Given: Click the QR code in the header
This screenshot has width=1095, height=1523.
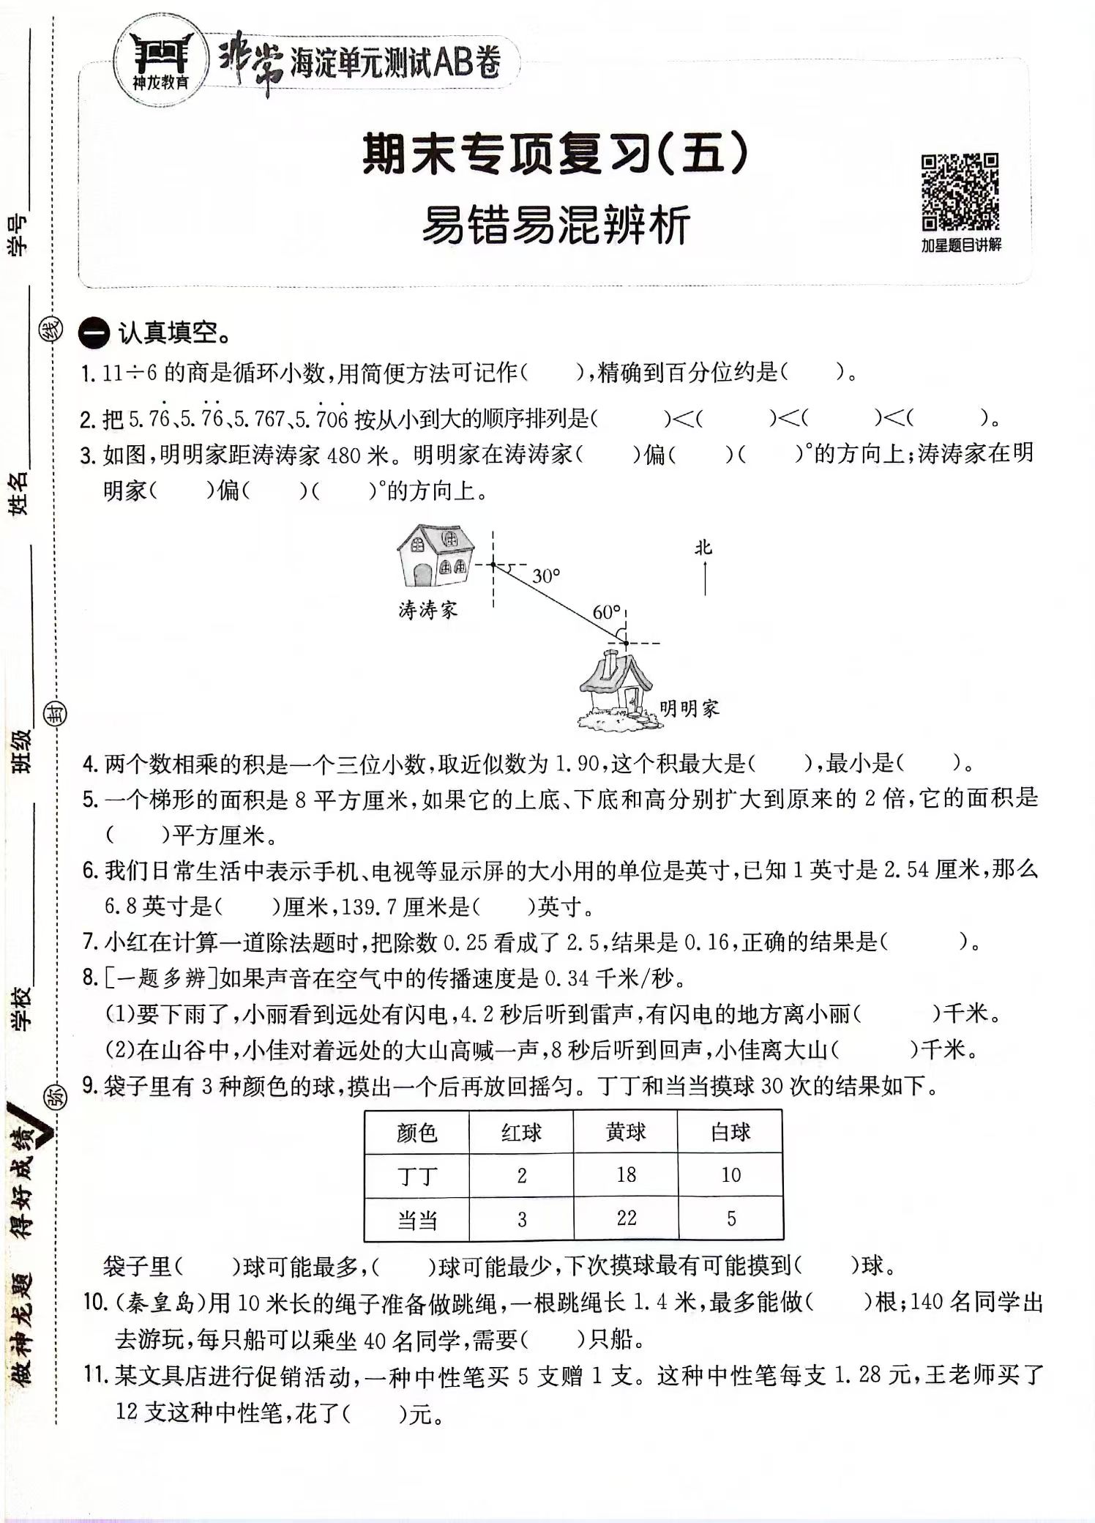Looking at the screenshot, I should (960, 192).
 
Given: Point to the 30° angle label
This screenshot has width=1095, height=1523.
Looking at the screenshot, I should (546, 576).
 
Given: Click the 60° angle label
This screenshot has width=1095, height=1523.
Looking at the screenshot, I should (607, 612).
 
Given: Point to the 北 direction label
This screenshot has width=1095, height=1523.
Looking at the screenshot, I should (703, 548).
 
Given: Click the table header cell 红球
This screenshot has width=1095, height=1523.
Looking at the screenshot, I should (521, 1133).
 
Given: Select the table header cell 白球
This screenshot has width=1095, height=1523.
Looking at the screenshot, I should (730, 1133).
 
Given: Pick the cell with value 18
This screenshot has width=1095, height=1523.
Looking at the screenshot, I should (626, 1175).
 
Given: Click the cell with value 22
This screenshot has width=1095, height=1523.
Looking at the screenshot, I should (626, 1218).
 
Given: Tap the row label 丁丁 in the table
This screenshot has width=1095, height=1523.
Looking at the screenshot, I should (416, 1176).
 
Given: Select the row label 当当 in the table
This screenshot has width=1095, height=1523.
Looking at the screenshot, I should (416, 1219).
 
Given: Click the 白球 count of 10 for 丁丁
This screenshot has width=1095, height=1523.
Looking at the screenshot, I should (730, 1175).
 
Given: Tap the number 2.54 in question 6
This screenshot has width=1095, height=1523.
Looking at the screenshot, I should (906, 870).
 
